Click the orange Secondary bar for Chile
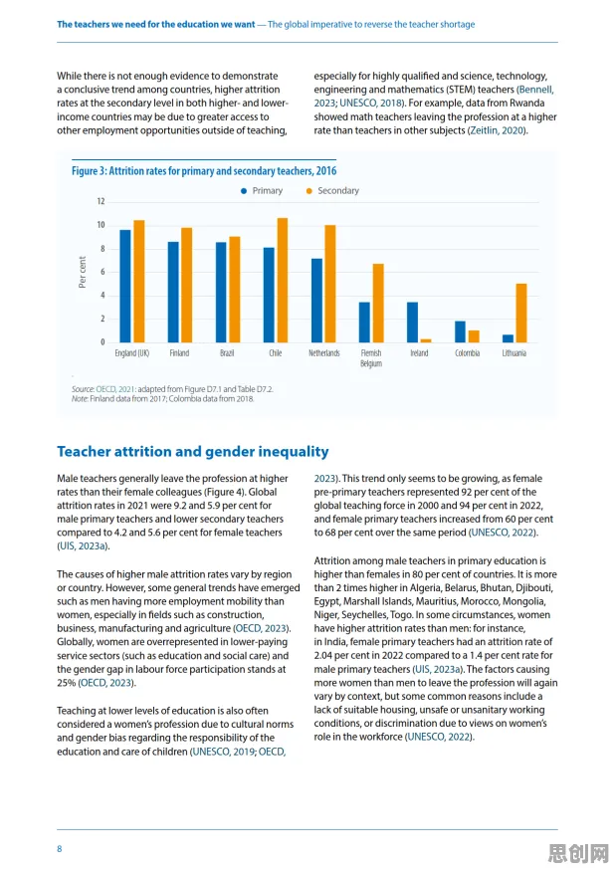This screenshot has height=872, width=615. (x=283, y=281)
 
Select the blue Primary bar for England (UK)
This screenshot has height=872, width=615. (x=125, y=287)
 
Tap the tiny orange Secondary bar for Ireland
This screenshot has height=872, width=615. (x=426, y=340)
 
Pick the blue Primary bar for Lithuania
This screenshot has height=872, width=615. (x=508, y=338)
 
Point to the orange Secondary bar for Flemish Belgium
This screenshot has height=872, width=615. (x=378, y=303)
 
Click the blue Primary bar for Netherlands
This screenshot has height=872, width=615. (x=316, y=301)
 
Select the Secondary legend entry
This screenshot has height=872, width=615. (x=332, y=191)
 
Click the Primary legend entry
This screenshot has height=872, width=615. (x=262, y=191)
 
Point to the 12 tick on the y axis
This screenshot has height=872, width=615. (x=101, y=201)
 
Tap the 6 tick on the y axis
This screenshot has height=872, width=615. (x=102, y=272)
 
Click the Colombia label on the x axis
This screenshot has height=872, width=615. (x=467, y=353)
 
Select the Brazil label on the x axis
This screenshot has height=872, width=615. (x=227, y=353)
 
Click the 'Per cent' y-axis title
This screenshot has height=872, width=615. (x=83, y=272)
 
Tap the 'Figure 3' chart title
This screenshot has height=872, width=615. (x=204, y=171)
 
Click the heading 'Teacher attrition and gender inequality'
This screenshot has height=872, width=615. (x=193, y=452)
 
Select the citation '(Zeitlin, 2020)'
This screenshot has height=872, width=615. (x=497, y=130)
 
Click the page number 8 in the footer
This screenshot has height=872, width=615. (x=60, y=849)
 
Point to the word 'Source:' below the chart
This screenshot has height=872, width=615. (x=83, y=389)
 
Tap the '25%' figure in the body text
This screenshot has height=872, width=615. (x=66, y=683)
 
